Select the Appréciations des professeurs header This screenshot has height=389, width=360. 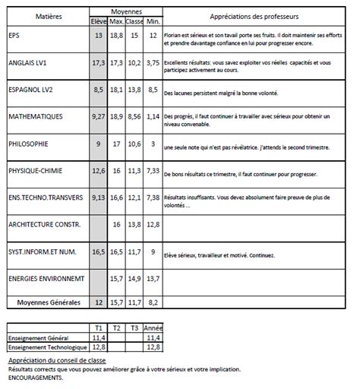tap(255, 14)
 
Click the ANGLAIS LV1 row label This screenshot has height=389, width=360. tap(28, 63)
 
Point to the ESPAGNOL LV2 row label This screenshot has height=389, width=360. tap(30, 90)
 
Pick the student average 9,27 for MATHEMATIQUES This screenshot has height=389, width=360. tap(97, 117)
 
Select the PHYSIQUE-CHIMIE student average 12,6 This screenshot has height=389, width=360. tap(97, 171)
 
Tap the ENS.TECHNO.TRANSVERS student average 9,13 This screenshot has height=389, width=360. tap(97, 198)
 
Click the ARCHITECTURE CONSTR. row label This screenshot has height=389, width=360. tap(42, 224)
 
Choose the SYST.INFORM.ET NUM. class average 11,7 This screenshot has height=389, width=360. tap(134, 251)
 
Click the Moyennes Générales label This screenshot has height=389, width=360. tap(49, 302)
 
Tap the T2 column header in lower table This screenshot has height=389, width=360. tap(116, 327)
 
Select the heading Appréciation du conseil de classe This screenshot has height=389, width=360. tap(57, 360)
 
